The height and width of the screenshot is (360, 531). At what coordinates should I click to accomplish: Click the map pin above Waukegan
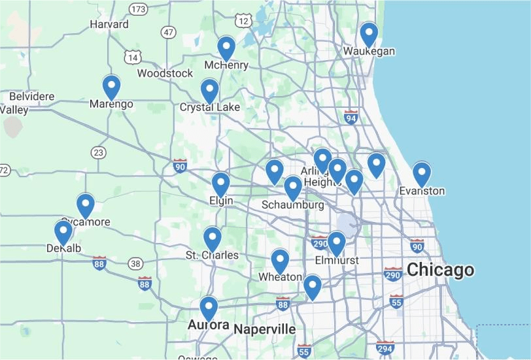[369, 33]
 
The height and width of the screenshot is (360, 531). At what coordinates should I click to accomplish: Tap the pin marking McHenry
[226, 47]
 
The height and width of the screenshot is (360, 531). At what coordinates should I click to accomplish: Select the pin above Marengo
[112, 86]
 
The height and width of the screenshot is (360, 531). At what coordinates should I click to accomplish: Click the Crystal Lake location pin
[209, 90]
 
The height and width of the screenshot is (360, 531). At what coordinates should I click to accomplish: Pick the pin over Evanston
[422, 173]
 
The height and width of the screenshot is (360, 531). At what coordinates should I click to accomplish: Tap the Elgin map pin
[221, 184]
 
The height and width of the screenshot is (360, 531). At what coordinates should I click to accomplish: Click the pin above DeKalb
[63, 232]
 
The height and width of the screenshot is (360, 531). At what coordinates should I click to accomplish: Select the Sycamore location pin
[86, 205]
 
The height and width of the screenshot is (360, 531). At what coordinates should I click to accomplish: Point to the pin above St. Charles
[213, 238]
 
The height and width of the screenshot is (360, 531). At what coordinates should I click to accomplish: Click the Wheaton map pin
[281, 260]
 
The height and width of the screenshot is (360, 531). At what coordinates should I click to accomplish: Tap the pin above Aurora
[209, 308]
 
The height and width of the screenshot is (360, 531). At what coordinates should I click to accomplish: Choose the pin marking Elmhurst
[336, 242]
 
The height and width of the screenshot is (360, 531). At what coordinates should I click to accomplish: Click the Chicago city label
[440, 270]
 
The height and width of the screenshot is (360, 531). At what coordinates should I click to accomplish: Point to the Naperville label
[265, 329]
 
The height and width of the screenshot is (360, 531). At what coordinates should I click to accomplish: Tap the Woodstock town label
[165, 73]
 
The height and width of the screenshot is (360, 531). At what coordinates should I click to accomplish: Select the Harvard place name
[109, 24]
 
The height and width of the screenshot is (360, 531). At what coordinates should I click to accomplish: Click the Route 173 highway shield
[137, 9]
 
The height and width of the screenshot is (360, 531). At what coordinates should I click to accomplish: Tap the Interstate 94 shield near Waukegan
[351, 117]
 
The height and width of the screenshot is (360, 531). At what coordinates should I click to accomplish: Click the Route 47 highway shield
[169, 32]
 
